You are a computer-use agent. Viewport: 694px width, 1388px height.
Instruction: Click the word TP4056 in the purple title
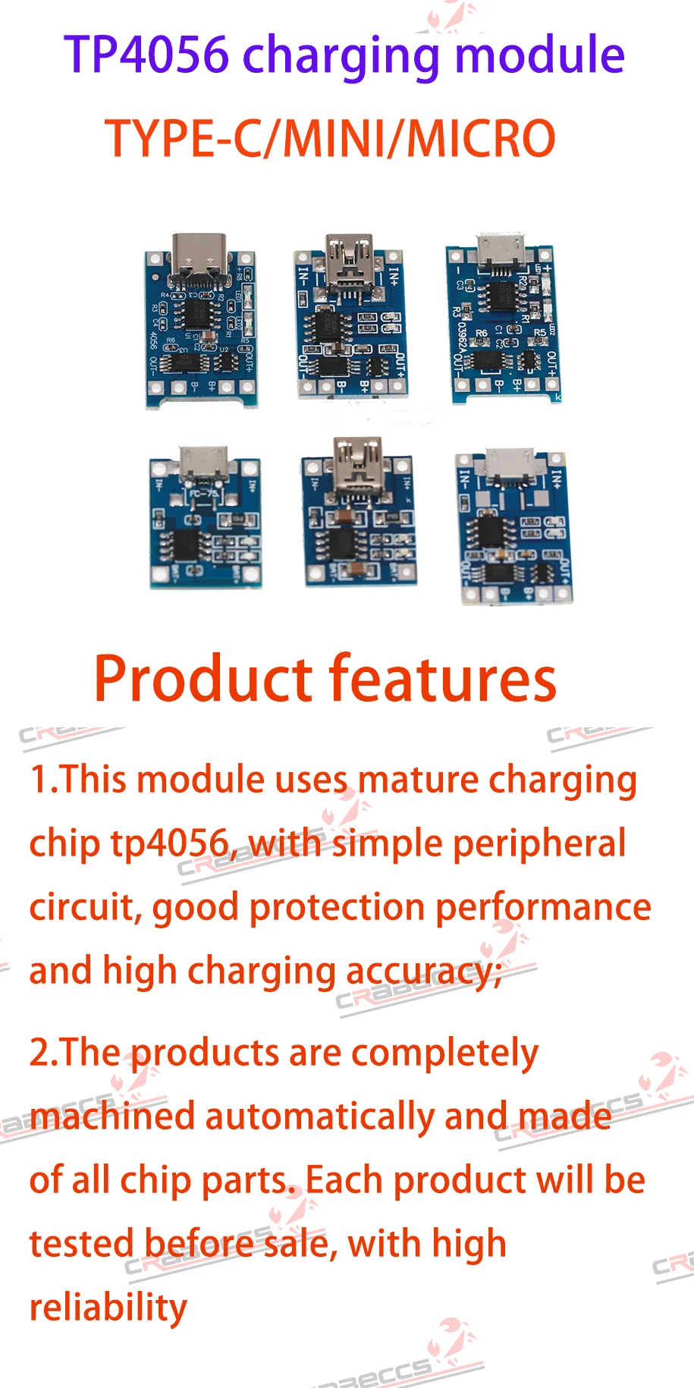point(146,55)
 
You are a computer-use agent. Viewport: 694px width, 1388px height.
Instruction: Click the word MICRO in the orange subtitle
point(482,139)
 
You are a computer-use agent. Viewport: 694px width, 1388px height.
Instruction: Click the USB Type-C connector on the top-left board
point(199,255)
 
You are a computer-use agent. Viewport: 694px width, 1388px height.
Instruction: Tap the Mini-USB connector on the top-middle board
point(349,254)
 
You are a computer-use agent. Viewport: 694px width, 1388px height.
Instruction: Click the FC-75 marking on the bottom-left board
point(203,494)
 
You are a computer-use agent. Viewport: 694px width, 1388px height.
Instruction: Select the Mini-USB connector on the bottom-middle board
point(357,462)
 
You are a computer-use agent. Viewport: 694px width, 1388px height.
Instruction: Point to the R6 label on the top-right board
point(482,333)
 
